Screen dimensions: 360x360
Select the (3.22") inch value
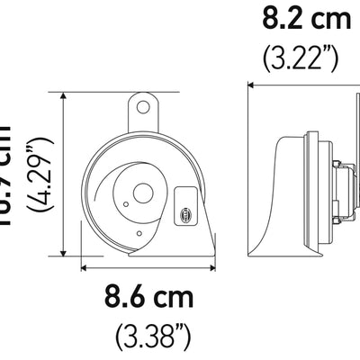pos(301,58)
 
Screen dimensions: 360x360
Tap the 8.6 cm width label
pos(149,296)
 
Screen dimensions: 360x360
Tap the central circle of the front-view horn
pos(142,191)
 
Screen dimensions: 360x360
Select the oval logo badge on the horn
pos(185,215)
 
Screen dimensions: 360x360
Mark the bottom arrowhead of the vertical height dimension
pos(63,254)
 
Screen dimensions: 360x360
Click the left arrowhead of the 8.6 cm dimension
pos(84,266)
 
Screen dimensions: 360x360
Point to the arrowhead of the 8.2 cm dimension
pos(251,85)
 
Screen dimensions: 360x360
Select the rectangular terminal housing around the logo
pos(185,205)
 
